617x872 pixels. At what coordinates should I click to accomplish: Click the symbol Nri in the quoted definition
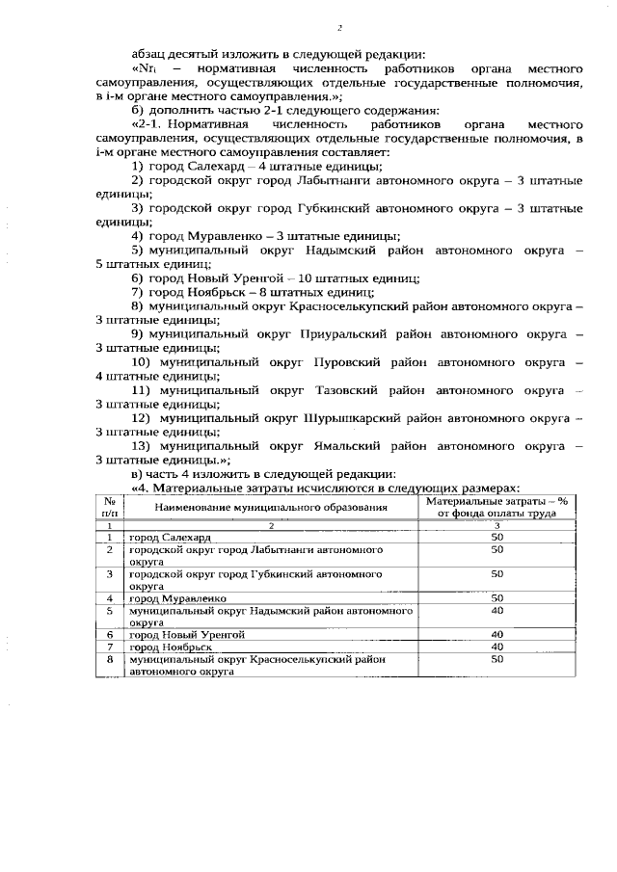tap(145, 70)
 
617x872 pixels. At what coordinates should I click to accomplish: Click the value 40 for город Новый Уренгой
tap(497, 634)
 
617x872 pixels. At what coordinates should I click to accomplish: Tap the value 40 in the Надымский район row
tap(497, 611)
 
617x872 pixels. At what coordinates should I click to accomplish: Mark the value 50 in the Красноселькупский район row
tap(497, 660)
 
